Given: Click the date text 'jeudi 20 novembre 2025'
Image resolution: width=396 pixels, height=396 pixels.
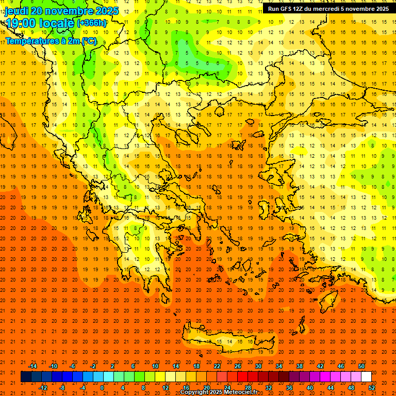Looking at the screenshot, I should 61,11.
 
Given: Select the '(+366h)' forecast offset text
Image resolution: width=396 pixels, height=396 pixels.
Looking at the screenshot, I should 92,23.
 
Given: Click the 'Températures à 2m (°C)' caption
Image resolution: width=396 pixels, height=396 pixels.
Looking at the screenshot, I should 51,41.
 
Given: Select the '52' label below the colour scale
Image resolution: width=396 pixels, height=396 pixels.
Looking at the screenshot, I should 372,388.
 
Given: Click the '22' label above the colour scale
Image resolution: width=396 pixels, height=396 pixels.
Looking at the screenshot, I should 217,366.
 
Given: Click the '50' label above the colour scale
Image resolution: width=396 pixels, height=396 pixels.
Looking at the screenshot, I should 361,366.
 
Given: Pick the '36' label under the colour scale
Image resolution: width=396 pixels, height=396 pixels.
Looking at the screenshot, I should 289,388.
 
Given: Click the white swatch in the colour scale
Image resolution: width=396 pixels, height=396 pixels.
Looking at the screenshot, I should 367,377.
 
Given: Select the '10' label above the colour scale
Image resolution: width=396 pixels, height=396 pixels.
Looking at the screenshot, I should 155,366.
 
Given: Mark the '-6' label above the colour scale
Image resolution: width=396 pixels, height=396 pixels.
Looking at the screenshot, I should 73,366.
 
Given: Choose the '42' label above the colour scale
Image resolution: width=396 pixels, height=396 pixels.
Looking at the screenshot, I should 320,366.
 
